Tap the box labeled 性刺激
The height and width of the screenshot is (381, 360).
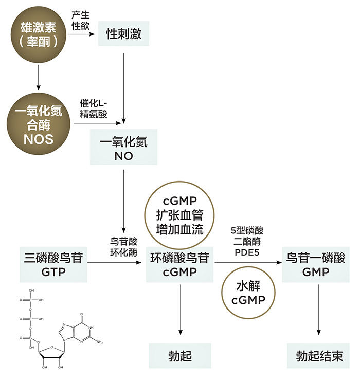tap(123, 34)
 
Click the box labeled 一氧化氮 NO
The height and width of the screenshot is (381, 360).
tap(123, 149)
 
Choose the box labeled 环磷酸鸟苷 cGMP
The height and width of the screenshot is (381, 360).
tap(180, 264)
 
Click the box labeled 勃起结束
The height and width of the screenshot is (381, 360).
tap(319, 356)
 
